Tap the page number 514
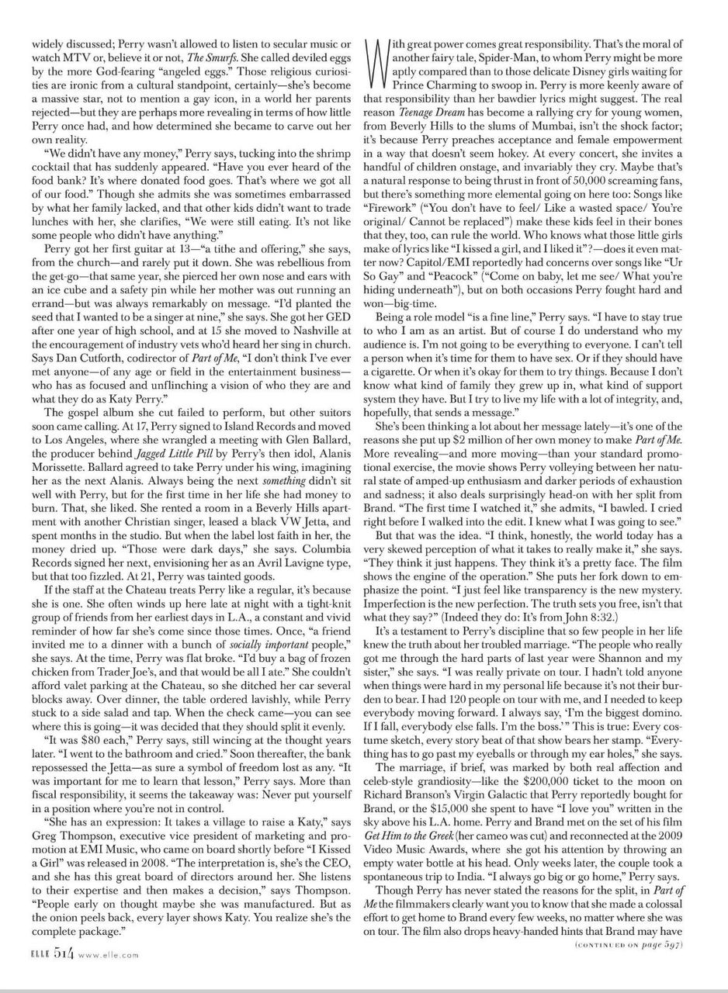64,970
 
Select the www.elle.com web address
109,971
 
